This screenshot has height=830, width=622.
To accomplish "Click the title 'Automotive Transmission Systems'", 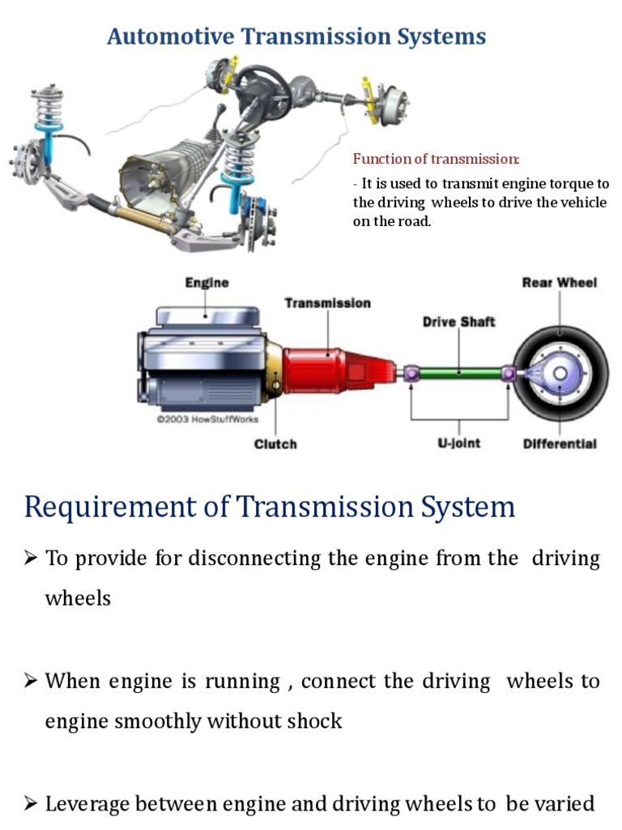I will (x=296, y=36).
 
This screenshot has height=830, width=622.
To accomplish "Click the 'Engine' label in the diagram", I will (x=207, y=283).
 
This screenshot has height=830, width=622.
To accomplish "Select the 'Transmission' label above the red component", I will (x=327, y=303).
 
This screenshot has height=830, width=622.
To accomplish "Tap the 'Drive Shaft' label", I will (x=458, y=322).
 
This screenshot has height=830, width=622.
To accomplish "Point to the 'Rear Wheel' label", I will (x=559, y=283).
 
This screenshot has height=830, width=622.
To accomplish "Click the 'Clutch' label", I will (x=275, y=444).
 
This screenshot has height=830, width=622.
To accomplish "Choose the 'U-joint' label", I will (x=459, y=444).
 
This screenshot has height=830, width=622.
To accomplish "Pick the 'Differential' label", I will (x=559, y=444).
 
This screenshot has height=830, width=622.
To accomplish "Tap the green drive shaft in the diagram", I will (x=459, y=373).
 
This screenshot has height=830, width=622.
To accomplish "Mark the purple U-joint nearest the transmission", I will (x=411, y=373).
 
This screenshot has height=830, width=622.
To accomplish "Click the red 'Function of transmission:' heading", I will (x=436, y=159).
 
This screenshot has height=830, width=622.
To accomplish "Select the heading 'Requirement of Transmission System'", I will (x=270, y=507).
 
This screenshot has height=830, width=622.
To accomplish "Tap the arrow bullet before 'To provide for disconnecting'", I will (x=32, y=558).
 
